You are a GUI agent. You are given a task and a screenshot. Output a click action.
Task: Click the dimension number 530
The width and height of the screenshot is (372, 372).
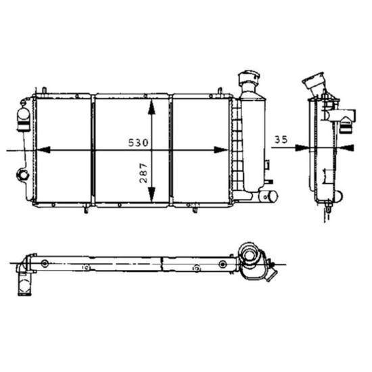click(x=139, y=143)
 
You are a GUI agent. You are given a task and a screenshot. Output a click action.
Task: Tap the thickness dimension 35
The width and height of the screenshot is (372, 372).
click(x=282, y=139)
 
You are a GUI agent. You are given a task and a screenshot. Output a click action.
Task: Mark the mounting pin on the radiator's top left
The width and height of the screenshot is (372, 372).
click(x=43, y=90)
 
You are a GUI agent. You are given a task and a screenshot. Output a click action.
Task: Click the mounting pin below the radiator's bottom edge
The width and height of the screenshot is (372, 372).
click(x=85, y=209)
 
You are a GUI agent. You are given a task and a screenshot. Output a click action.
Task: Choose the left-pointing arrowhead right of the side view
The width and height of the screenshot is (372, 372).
click(x=346, y=147)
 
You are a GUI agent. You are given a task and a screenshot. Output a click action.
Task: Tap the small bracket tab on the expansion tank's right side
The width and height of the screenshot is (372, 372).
click(x=269, y=164)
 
